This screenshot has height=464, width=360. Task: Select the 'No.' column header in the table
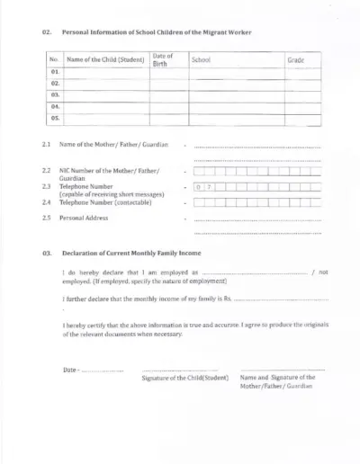point(54,59)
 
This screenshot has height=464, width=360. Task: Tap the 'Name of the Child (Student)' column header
point(105,59)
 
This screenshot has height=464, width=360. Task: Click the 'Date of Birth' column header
point(163,59)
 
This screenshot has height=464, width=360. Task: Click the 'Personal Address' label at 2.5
point(87,218)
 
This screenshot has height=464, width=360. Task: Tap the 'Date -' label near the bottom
point(71,370)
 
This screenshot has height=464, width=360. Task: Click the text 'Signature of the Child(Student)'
point(185,378)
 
